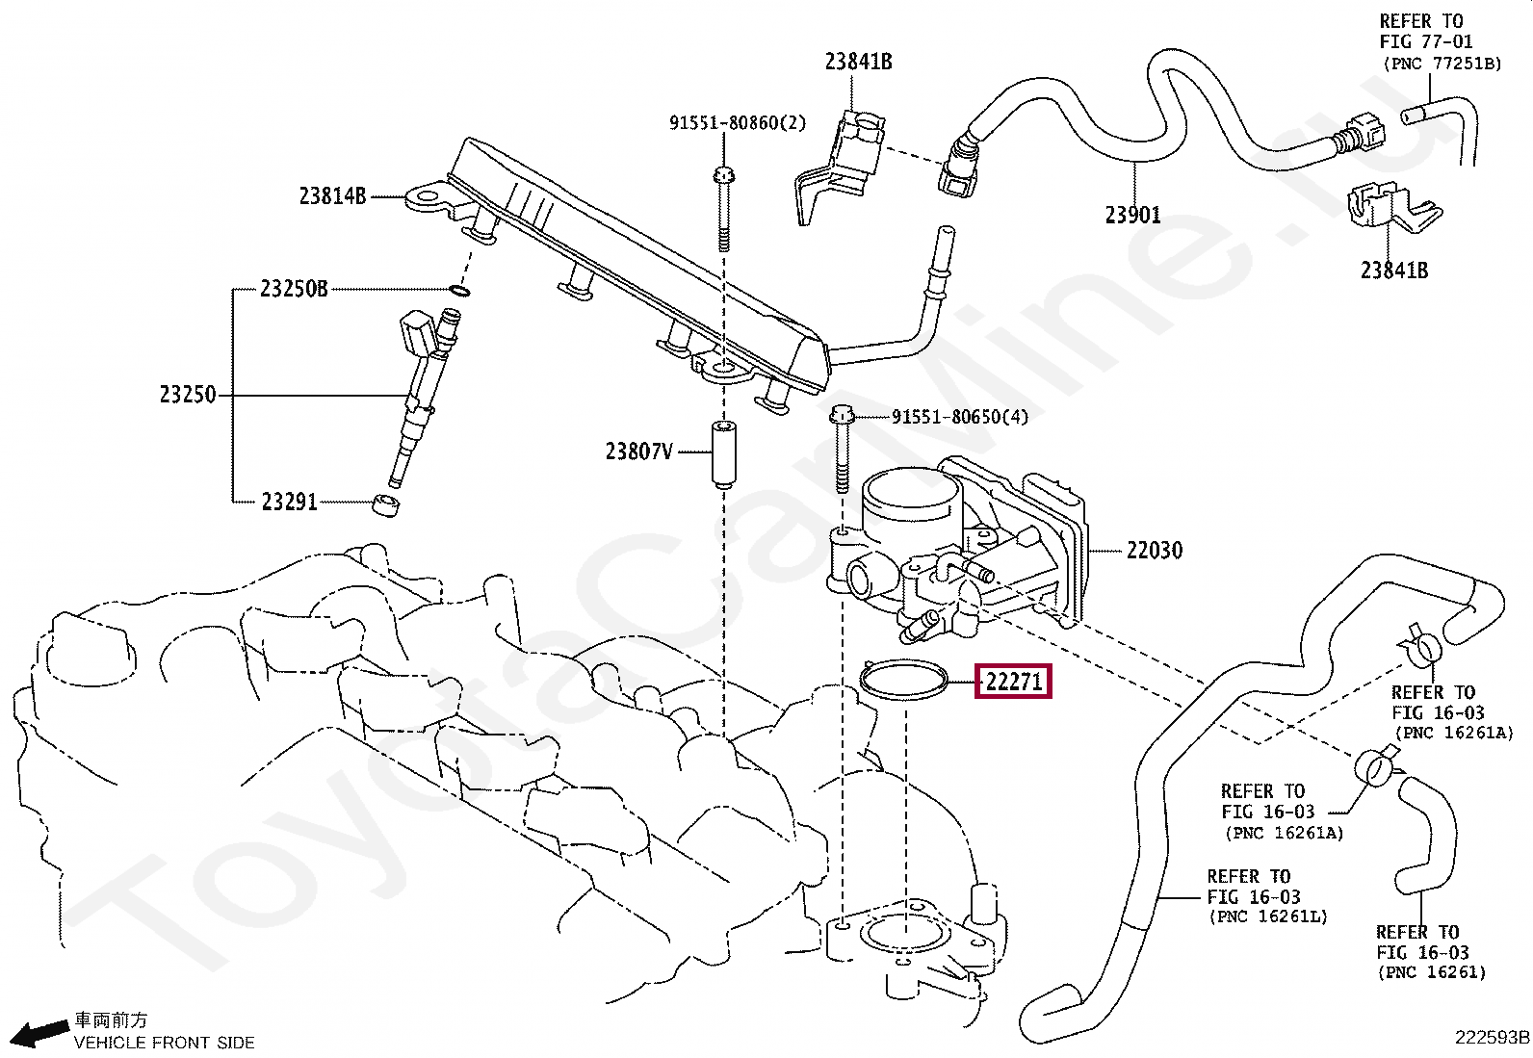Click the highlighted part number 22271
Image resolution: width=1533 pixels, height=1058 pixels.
pos(1014,682)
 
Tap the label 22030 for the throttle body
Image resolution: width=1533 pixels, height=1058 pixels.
pos(1154,551)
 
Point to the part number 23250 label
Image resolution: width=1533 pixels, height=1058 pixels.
pos(188,395)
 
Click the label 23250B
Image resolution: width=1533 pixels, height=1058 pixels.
pos(294,289)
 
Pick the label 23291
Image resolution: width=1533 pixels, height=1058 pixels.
pos(290,502)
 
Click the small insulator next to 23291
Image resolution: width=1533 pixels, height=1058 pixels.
pos(386,504)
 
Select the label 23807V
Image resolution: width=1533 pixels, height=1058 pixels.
pos(639,452)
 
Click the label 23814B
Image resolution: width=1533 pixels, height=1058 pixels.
pos(332,196)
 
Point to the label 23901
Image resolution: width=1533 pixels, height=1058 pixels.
pos(1132,215)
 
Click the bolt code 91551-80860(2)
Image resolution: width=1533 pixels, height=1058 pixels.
pos(737,122)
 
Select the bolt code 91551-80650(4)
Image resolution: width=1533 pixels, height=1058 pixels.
pos(959,417)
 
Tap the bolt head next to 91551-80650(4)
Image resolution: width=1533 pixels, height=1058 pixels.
pos(842,415)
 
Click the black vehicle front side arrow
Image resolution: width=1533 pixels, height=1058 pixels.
pos(39,1033)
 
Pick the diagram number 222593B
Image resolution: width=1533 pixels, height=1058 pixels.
pos(1492,1038)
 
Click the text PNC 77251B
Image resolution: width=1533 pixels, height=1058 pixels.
pos(1443,64)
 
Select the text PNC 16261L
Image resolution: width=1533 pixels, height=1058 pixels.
pos(1269,916)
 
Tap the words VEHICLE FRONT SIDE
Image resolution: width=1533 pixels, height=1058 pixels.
pos(165,1043)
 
